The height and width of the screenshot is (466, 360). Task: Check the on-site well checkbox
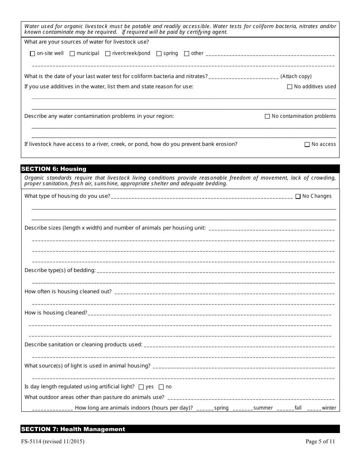33,54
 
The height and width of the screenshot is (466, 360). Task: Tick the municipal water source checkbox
72,54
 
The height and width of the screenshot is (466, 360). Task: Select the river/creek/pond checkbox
108,54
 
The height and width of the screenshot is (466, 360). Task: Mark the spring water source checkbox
159,54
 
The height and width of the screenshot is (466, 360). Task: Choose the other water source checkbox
187,54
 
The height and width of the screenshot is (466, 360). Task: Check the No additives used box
290,87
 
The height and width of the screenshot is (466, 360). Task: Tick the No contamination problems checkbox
268,116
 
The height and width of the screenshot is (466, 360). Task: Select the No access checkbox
307,144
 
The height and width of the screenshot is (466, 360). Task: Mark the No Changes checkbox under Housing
298,196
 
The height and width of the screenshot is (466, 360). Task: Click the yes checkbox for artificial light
141,387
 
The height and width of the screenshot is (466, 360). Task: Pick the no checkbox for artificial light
161,387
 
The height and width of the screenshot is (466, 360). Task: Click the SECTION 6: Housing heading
54,169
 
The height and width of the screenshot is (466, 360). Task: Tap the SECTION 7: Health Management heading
73,429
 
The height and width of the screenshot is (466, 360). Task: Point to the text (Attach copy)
296,77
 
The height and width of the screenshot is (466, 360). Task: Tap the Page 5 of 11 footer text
320,441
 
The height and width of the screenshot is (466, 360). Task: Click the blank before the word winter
314,408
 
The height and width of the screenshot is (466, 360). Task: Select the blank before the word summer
243,408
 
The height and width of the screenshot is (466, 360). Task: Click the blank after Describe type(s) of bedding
216,271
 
